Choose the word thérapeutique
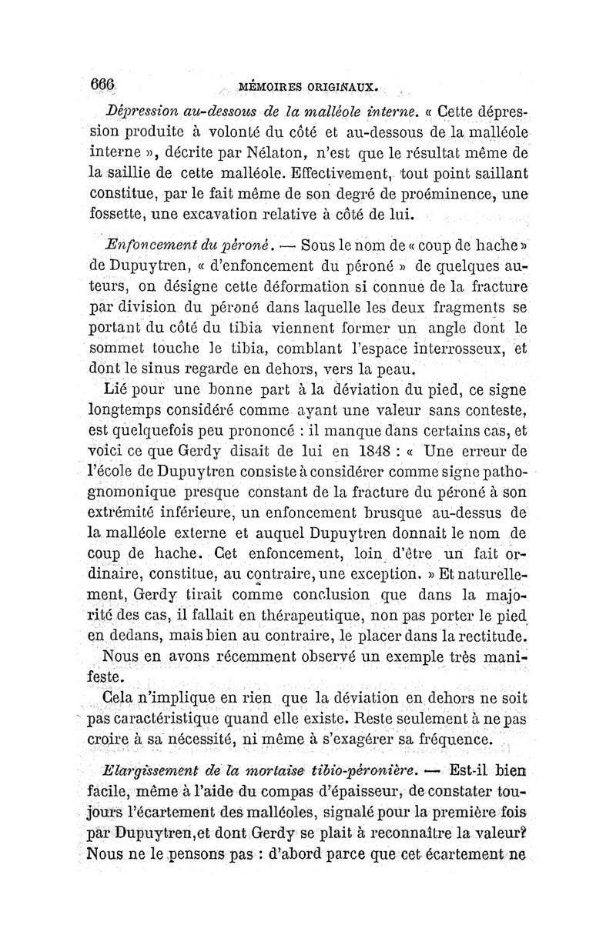301,614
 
